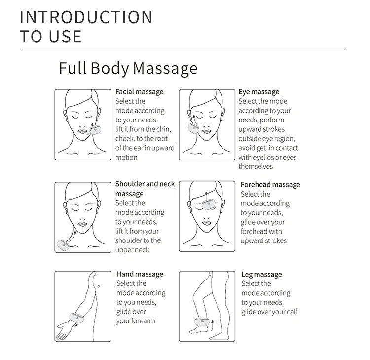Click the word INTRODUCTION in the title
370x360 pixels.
tap(86, 17)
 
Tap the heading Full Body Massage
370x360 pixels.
tap(128, 68)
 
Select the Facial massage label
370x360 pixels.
tap(139, 92)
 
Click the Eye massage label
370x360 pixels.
tap(259, 92)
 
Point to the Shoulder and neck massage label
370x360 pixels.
tap(145, 189)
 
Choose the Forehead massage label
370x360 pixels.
tap(270, 185)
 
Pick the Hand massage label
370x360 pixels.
tap(140, 274)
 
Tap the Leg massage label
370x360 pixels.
tap(261, 274)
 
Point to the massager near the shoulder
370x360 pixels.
tap(64, 243)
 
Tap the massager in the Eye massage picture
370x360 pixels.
tap(192, 128)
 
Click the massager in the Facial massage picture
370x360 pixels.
tap(95, 130)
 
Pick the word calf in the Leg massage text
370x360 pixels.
tap(291, 312)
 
